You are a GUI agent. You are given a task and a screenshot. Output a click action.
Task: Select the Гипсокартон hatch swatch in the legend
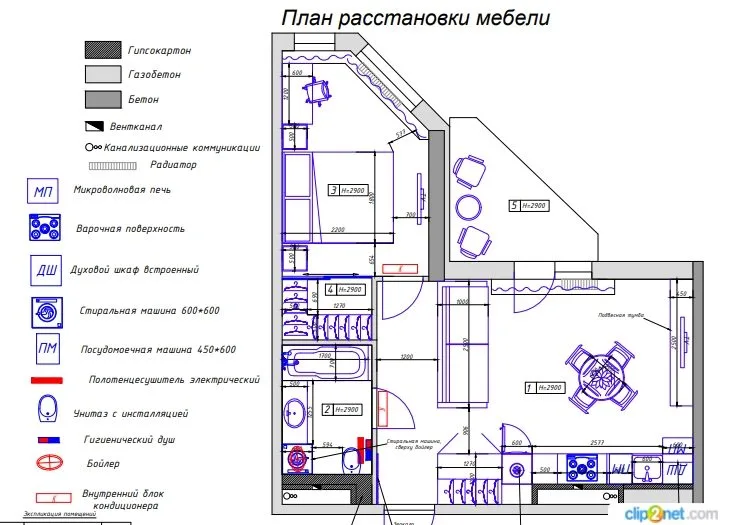point(101,49)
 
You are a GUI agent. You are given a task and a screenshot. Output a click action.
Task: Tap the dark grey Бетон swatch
point(101,99)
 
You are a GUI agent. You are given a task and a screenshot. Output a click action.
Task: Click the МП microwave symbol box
point(44,192)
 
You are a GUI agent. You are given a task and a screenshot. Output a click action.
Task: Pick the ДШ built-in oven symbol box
point(44,270)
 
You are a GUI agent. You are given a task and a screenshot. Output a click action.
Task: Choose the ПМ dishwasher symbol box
point(44,350)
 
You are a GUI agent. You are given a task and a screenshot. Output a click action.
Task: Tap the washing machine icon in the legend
point(45,311)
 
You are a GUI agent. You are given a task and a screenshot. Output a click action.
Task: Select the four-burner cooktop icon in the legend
point(45,228)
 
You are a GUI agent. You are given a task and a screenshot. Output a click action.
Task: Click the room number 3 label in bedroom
point(333,190)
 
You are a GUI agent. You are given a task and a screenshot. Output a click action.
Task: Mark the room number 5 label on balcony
point(515,206)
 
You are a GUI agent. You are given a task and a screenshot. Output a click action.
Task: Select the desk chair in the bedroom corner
point(319,92)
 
